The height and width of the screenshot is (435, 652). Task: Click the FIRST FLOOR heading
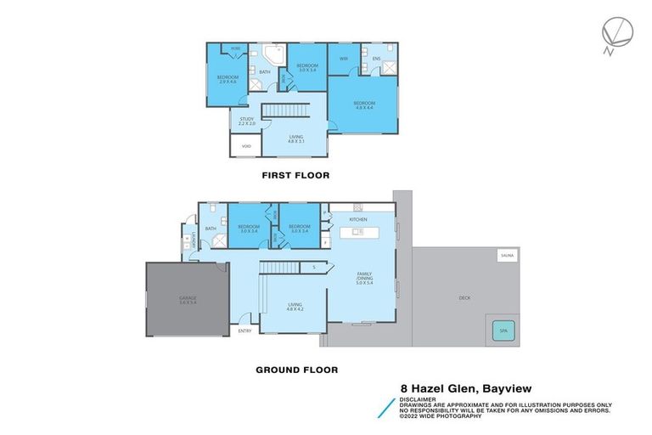(x=296, y=175)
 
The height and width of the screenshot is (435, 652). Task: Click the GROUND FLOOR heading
(x=296, y=370)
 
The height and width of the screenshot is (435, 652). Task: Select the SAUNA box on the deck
(x=507, y=254)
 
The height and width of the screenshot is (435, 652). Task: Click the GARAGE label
(x=187, y=300)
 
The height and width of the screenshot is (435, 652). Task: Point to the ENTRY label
(x=244, y=330)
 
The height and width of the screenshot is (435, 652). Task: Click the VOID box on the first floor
(x=244, y=146)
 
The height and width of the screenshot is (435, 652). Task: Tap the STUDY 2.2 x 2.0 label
(x=246, y=121)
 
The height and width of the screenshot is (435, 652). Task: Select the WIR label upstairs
(x=344, y=59)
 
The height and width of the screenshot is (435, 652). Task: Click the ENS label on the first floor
(x=374, y=59)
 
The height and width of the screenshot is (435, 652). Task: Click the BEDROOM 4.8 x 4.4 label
(x=363, y=105)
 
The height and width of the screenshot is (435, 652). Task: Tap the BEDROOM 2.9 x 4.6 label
(x=227, y=79)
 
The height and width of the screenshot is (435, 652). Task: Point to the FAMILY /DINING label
(x=365, y=276)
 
